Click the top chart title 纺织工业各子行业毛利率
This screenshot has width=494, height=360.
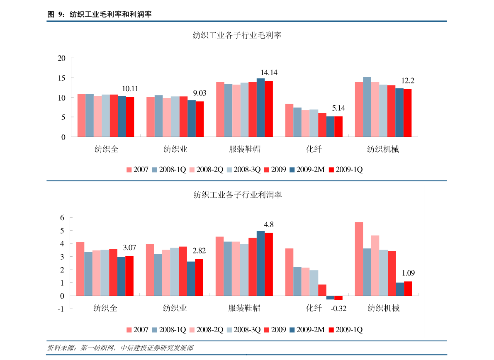pyautogui.click(x=237, y=36)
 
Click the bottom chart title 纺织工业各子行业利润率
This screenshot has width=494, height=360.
pyautogui.click(x=237, y=195)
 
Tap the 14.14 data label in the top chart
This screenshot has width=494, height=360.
pyautogui.click(x=269, y=73)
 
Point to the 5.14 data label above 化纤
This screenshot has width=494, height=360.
pyautogui.click(x=338, y=108)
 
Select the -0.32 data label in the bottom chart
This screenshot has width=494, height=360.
pyautogui.click(x=338, y=309)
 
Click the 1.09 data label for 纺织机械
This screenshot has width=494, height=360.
pyautogui.click(x=408, y=273)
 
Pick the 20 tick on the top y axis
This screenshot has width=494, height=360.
pyautogui.click(x=62, y=58)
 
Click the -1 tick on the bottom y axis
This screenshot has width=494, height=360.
pyautogui.click(x=61, y=309)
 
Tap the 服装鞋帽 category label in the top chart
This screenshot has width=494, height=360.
pyautogui.click(x=245, y=149)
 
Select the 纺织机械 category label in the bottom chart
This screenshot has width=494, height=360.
pyautogui.click(x=383, y=308)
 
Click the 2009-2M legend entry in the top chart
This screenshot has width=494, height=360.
pyautogui.click(x=307, y=170)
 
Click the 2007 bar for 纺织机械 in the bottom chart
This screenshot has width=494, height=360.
pyautogui.click(x=359, y=259)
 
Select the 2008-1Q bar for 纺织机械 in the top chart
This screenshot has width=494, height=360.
pyautogui.click(x=367, y=107)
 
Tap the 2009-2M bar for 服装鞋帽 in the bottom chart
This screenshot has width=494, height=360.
pyautogui.click(x=260, y=263)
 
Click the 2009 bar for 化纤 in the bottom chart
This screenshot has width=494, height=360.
pyautogui.click(x=322, y=290)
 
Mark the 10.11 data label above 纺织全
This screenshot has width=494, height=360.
pyautogui.click(x=130, y=89)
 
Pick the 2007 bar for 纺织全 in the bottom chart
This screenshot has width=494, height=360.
pyautogui.click(x=80, y=269)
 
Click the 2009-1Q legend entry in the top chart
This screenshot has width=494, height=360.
pyautogui.click(x=346, y=170)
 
